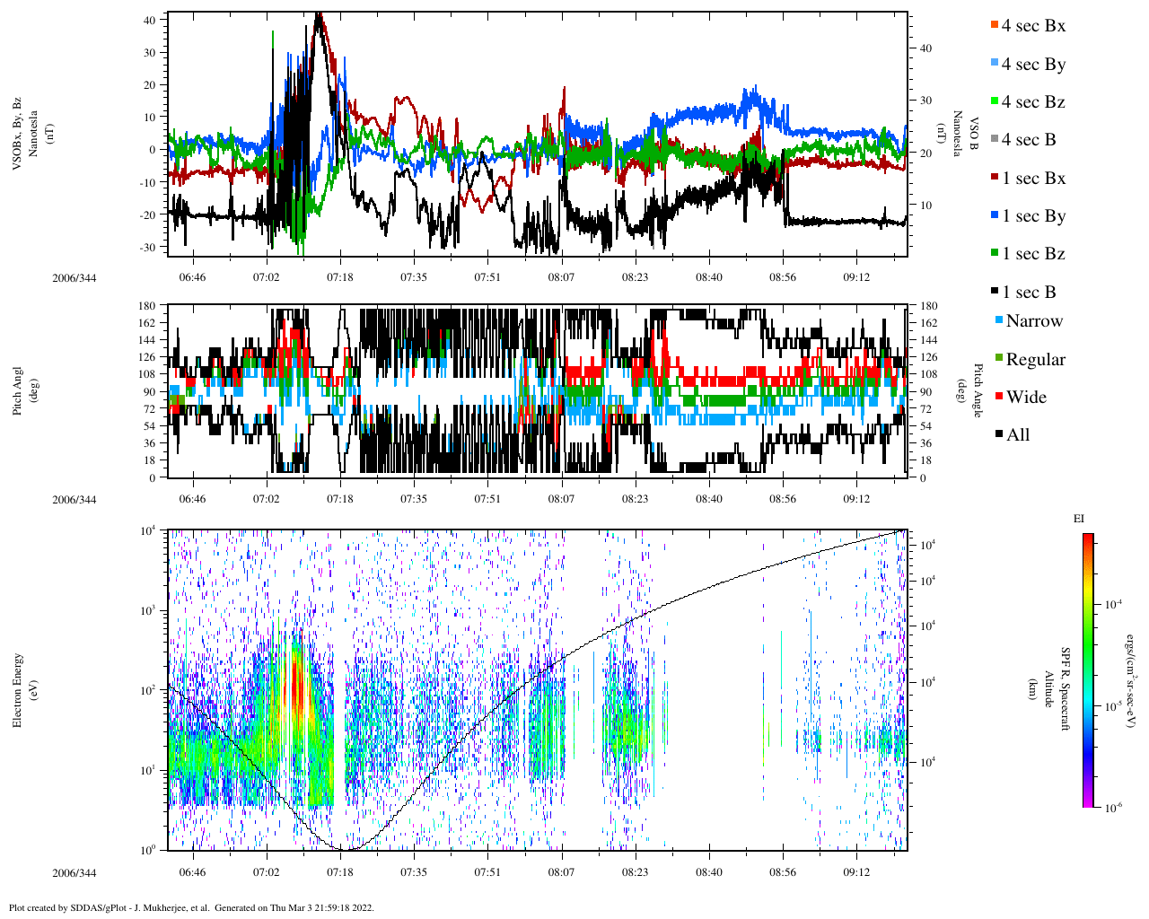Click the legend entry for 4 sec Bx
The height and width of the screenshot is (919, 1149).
[1033, 26]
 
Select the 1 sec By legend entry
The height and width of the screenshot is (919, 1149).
[1033, 216]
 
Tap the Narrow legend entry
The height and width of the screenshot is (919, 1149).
[1033, 321]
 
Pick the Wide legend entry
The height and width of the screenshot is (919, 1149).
[1026, 398]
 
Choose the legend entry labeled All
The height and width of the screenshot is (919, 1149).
[1018, 435]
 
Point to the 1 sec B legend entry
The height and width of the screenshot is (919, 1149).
[1029, 293]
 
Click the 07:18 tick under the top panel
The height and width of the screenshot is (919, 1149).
[339, 277]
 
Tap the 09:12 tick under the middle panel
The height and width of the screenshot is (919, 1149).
[856, 499]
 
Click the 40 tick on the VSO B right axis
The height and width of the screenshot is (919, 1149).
[925, 48]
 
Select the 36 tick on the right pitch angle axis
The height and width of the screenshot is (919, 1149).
[929, 443]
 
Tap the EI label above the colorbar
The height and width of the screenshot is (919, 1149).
[1079, 519]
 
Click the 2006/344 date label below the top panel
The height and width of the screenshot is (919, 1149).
[74, 277]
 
